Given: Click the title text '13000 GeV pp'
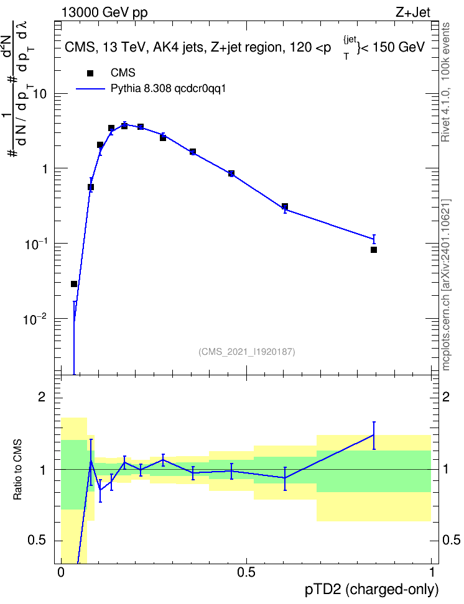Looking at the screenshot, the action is point(104,12).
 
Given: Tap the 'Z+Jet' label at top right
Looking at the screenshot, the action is point(412,12).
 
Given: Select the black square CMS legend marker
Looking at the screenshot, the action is point(90,73).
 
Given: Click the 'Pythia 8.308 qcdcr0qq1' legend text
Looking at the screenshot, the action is point(168,89).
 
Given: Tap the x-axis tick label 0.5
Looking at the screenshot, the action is point(246,572).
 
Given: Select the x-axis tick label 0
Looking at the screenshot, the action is point(60,572).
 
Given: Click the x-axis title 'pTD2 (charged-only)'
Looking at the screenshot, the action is point(371,589).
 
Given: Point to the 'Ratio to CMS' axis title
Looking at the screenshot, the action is point(17,470).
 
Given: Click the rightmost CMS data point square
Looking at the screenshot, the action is point(373,250).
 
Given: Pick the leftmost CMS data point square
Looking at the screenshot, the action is point(74,284).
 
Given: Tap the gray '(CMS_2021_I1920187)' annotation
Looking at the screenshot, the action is point(247,351).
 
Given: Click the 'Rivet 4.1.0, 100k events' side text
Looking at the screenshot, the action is point(445,82).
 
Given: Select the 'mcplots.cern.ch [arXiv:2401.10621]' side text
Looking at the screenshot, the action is point(446,285).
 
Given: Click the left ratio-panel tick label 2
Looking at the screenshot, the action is point(42,397).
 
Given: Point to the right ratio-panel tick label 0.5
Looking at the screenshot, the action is point(451,540).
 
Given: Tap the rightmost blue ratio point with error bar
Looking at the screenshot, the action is point(373,435).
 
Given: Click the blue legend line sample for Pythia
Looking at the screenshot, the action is point(90,89).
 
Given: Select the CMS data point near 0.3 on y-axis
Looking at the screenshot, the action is point(285,206).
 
